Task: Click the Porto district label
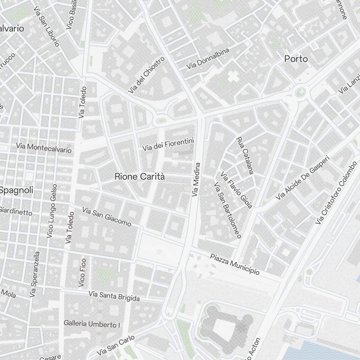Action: (x=296, y=59)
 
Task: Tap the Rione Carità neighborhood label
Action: (x=140, y=176)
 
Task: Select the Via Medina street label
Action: (x=196, y=179)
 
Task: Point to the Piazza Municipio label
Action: (x=235, y=264)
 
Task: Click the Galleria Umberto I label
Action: (x=92, y=324)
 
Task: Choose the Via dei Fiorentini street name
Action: (x=168, y=144)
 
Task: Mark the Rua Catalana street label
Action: (x=245, y=155)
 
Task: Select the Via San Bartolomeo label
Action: (x=227, y=211)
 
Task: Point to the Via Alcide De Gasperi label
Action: (x=303, y=178)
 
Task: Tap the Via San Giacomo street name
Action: (x=107, y=217)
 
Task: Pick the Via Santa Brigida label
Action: (x=114, y=296)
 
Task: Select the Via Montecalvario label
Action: (x=44, y=148)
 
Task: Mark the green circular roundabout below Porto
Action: (x=300, y=93)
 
